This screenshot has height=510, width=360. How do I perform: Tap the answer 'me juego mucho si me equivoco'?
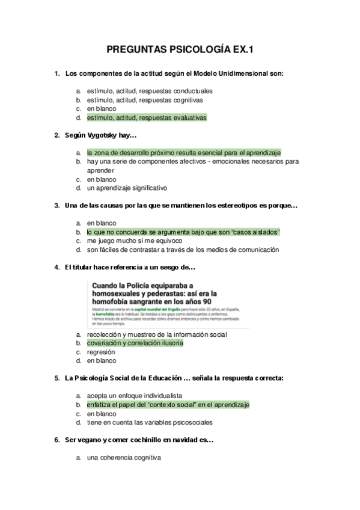click(x=134, y=241)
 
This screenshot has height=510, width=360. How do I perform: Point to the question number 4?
click(x=56, y=267)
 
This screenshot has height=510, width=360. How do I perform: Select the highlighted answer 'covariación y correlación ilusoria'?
click(x=135, y=343)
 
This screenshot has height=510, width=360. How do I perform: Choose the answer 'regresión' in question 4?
click(x=101, y=352)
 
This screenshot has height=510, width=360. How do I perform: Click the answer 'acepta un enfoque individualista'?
click(x=134, y=396)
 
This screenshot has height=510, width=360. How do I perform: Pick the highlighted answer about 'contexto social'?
click(x=168, y=405)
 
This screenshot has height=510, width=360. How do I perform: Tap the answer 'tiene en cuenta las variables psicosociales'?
click(x=150, y=422)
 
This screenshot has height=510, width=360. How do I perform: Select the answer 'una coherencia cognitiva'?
click(x=124, y=458)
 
